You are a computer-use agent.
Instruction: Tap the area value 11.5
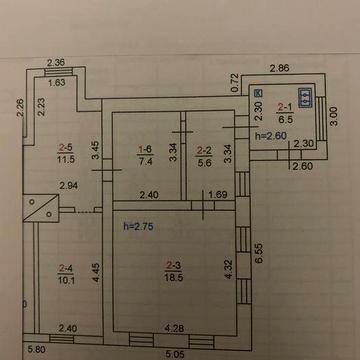click(x=67, y=158)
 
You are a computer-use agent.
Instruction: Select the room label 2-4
click(x=67, y=267)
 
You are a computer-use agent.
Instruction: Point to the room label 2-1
click(x=284, y=107)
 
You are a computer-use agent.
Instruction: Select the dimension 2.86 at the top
click(x=279, y=67)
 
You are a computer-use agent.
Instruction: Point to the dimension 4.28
click(x=174, y=327)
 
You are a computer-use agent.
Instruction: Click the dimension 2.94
click(x=69, y=187)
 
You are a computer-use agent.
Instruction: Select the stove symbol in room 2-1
click(x=306, y=98)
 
